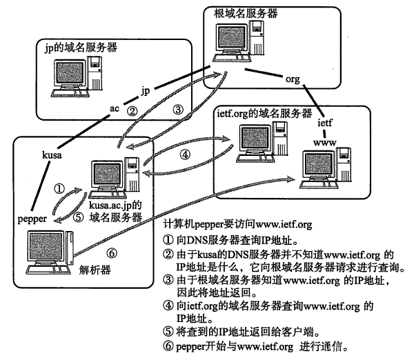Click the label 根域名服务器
[246, 13]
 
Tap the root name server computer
[239, 41]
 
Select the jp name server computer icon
[77, 77]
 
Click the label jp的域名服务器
[81, 48]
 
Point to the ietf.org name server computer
[262, 142]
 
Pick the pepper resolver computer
[50, 252]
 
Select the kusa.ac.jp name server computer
[114, 178]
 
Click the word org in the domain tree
[293, 79]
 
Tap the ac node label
[115, 108]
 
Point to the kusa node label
[52, 154]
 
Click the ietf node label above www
[325, 123]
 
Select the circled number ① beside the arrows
[59, 188]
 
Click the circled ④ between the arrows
[185, 154]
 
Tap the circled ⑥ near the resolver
[112, 253]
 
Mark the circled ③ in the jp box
[178, 109]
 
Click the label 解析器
[95, 270]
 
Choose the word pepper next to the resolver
[32, 219]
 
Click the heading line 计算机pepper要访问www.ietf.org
[237, 224]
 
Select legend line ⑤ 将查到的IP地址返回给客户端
[241, 332]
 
